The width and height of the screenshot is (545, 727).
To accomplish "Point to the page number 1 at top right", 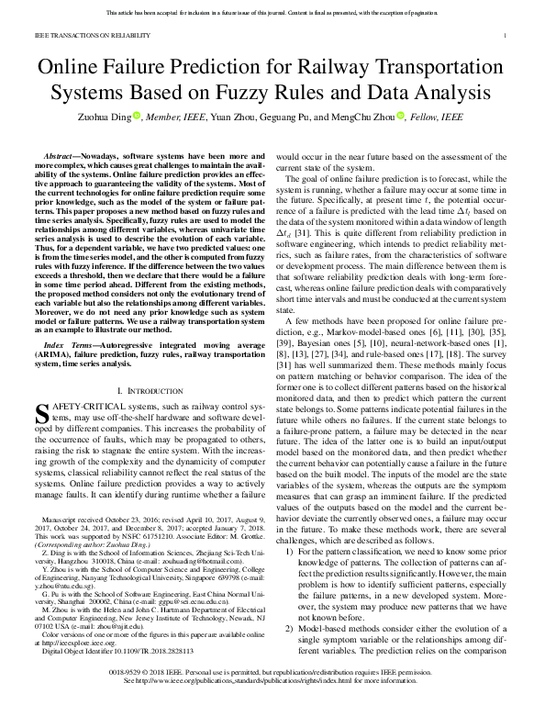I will click(506, 37).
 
